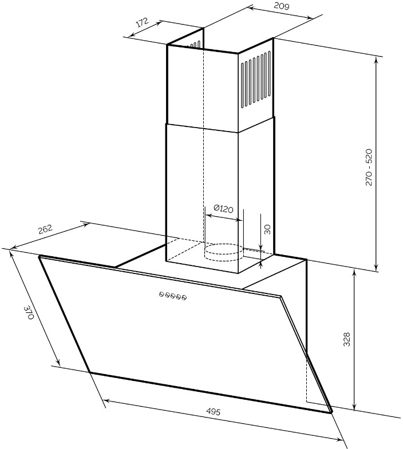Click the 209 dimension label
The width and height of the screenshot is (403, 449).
(282, 6)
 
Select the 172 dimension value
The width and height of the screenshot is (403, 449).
(143, 22)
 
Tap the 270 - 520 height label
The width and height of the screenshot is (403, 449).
(369, 167)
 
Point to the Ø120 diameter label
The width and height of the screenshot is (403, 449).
(223, 208)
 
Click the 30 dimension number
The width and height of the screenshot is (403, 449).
(267, 229)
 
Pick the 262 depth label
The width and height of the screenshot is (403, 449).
(46, 229)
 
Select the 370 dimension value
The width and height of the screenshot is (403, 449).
(29, 312)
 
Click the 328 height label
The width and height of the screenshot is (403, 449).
(347, 339)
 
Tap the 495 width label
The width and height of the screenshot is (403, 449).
(214, 412)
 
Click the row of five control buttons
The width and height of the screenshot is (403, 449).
(173, 296)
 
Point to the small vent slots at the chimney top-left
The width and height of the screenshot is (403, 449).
(193, 45)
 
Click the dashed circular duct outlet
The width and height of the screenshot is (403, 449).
(224, 253)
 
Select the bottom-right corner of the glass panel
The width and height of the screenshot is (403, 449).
(331, 412)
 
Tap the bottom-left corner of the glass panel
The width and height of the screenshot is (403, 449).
(90, 372)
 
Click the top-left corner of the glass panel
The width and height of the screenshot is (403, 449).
(39, 256)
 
